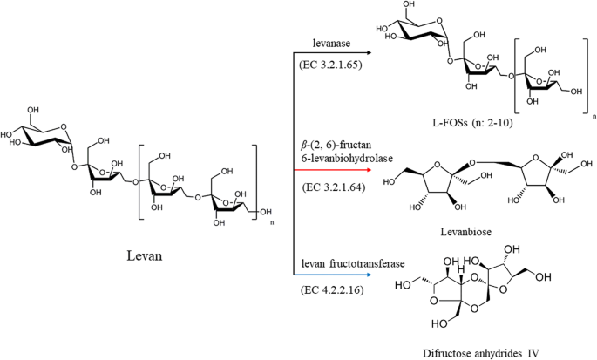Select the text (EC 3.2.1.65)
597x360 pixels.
tap(336, 65)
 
